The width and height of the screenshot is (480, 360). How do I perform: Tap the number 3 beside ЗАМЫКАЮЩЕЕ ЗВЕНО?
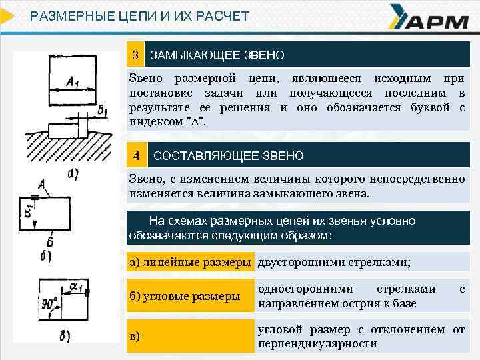point(135,53)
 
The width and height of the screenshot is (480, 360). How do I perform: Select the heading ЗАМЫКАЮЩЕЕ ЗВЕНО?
point(217,54)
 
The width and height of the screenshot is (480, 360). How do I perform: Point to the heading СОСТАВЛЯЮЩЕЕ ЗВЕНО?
point(229,156)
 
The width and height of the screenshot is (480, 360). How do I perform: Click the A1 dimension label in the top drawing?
point(73,83)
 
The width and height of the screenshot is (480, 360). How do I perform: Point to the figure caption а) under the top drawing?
point(73,175)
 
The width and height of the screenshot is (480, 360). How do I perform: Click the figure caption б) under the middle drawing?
point(46,255)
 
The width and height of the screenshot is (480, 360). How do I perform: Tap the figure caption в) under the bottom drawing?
point(64,336)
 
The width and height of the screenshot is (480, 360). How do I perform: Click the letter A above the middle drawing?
point(41,183)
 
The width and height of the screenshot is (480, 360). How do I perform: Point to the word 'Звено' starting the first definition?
point(145,78)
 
